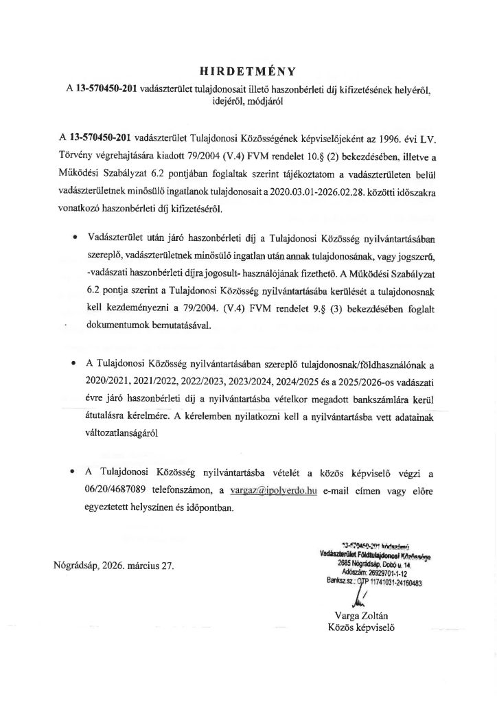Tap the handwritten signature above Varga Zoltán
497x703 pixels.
(x=358, y=592)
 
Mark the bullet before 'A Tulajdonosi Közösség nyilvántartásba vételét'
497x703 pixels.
(x=74, y=474)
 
